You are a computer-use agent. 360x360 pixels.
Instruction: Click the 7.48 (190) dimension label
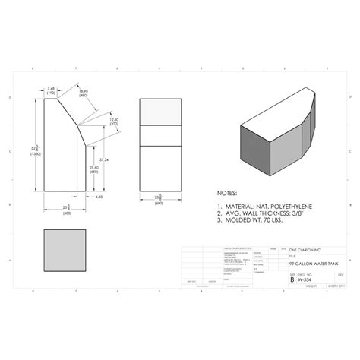[x=52, y=90]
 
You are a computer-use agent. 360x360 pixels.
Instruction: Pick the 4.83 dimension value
[x=99, y=197]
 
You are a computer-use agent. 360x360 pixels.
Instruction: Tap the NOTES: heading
[x=227, y=194]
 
